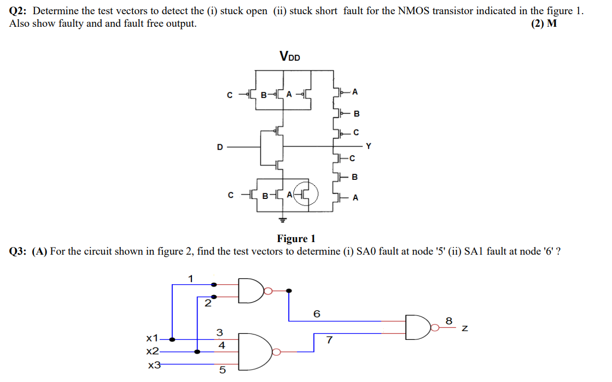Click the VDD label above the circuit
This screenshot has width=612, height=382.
pos(289,56)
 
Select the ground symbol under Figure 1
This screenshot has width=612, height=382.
pos(283,220)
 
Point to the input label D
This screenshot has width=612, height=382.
pos(220,146)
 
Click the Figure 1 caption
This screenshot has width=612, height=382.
pos(296,239)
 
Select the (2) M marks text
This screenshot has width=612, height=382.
pos(544,23)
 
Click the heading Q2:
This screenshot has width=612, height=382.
pos(20,11)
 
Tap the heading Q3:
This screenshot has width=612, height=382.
pos(20,251)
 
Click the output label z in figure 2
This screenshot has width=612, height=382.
pos(464,328)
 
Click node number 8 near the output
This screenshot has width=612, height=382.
pos(449,321)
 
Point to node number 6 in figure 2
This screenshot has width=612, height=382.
pos(316,314)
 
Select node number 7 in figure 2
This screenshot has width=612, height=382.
pos(329,340)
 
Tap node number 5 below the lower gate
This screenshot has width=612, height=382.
pos(222,371)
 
